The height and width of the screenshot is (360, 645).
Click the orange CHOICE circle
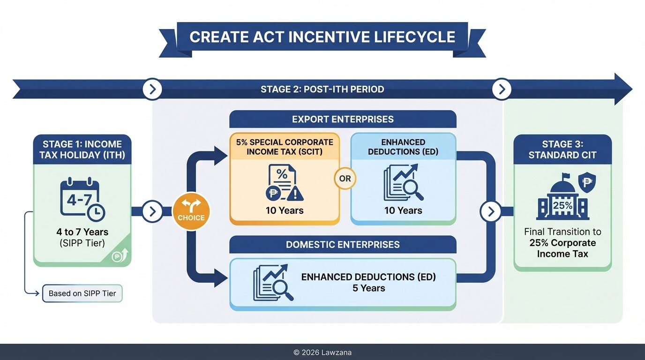[x=191, y=211]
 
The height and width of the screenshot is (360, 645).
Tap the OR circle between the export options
[x=345, y=179]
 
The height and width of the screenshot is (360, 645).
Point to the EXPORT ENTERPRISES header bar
[x=343, y=119]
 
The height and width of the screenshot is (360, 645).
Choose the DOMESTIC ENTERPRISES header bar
[x=343, y=244]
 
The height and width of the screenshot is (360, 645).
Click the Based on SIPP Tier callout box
[x=82, y=293]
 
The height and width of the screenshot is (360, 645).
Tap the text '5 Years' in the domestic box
[x=368, y=288]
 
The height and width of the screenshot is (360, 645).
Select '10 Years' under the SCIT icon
[x=285, y=210]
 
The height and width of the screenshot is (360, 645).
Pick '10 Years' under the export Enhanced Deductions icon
[x=403, y=210]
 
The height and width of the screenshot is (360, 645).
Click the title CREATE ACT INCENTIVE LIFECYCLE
[x=322, y=37]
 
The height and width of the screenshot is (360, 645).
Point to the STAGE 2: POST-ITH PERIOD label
[x=322, y=89]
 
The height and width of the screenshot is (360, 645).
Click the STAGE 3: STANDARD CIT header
[x=562, y=150]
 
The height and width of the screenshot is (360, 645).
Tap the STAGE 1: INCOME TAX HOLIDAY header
[x=82, y=150]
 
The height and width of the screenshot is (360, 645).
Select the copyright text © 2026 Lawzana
[x=322, y=352]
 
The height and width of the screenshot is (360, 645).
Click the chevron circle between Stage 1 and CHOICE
[x=152, y=211]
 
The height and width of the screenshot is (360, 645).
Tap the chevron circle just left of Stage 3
[x=491, y=211]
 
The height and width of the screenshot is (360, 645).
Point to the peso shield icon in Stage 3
[x=587, y=181]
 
